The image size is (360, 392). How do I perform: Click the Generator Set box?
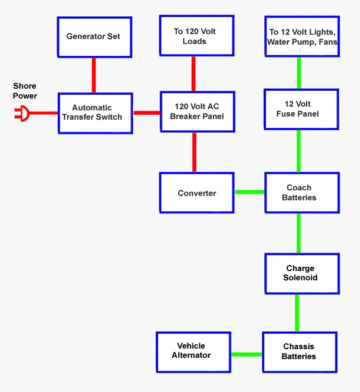tap(94, 37)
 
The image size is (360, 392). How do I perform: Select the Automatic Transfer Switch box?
tap(96, 113)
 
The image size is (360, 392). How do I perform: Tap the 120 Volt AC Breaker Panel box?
tap(197, 112)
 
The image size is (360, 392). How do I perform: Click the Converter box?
tap(197, 193)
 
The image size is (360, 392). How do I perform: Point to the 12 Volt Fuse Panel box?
tap(301, 109)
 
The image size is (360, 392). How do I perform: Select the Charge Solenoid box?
tap(302, 274)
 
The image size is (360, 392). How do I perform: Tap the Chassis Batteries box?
tap(299, 352)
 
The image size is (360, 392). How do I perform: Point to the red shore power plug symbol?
tap(22, 114)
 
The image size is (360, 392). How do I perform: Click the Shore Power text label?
tap(25, 91)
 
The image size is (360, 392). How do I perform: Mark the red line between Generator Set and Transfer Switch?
tap(94, 75)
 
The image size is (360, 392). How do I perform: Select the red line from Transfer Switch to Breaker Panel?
tap(146, 113)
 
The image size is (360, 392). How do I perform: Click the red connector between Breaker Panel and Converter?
tap(194, 152)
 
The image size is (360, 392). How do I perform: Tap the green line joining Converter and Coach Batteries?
tap(250, 192)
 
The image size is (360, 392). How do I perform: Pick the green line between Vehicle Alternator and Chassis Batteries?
tap(246, 354)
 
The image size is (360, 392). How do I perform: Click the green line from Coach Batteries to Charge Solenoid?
tap(299, 233)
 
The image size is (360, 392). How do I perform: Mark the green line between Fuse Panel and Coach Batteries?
tap(299, 151)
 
